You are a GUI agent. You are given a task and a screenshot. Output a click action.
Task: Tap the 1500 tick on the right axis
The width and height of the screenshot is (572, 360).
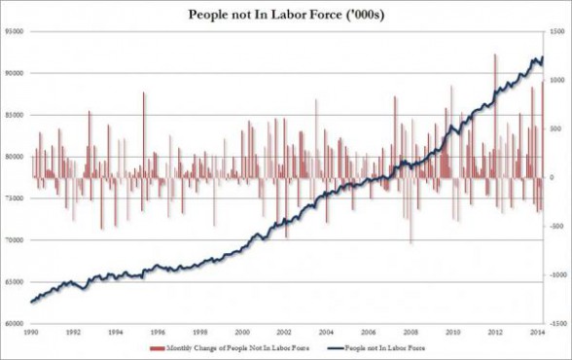(557, 31)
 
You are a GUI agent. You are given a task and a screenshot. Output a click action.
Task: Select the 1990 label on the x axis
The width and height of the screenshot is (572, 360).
(31, 334)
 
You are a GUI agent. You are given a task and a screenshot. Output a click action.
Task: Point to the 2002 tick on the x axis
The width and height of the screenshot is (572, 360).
(286, 334)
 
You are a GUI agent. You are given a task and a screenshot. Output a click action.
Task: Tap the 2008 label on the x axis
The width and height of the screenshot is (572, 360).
(413, 334)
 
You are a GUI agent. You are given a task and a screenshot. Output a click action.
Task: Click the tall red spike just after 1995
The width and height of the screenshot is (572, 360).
(143, 93)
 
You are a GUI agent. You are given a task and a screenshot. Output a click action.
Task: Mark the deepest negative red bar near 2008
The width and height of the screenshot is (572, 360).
(411, 241)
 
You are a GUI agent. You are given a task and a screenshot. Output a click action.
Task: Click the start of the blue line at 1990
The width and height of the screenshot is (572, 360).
(32, 302)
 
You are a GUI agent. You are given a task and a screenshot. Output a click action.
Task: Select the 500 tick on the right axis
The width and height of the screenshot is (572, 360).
(555, 129)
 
